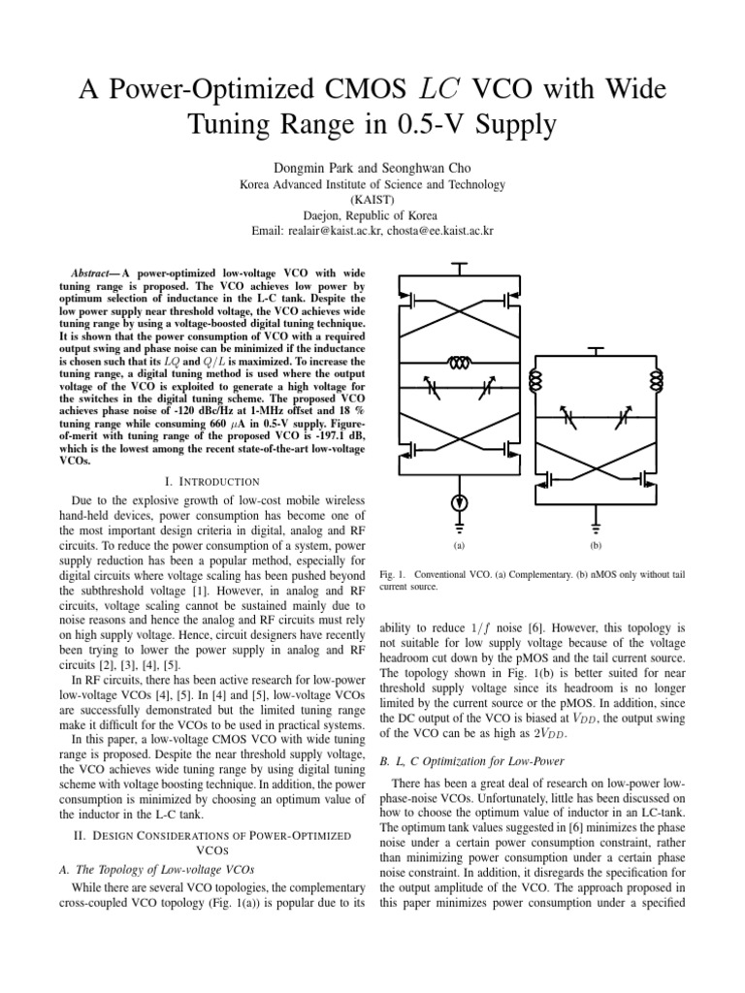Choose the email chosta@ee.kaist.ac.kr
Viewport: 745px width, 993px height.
pyautogui.click(x=457, y=232)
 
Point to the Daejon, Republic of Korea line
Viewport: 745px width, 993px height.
pyautogui.click(x=373, y=215)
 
